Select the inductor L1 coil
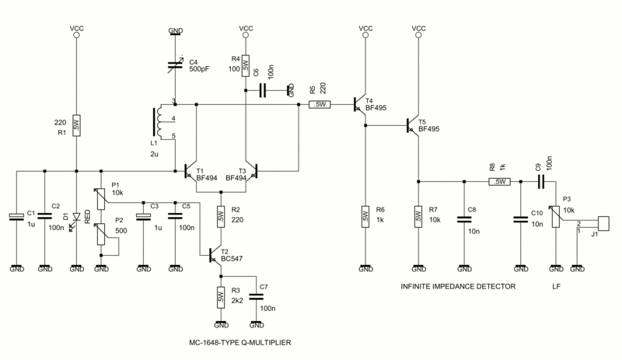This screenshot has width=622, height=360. [x=158, y=122]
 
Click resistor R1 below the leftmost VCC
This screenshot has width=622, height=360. [x=76, y=125]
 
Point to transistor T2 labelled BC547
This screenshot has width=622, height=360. [x=215, y=255]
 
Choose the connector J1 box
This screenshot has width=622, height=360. [x=603, y=223]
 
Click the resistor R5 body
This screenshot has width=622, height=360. [x=320, y=104]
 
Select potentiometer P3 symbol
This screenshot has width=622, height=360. [x=556, y=216]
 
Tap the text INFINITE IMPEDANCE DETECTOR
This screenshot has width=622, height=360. [x=458, y=286]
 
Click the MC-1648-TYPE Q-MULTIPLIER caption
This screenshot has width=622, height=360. [x=240, y=343]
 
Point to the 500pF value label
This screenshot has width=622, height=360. [x=199, y=69]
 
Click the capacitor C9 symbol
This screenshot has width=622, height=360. [x=540, y=182]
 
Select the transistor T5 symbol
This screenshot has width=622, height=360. [x=413, y=126]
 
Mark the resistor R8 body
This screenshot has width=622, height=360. [x=499, y=181]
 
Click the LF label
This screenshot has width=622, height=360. [x=556, y=286]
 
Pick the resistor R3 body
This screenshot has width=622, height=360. [x=221, y=297]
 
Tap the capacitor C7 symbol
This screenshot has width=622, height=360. [x=256, y=297]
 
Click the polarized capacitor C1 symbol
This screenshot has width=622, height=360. [x=16, y=217]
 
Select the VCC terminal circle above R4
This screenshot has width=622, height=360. [x=246, y=35]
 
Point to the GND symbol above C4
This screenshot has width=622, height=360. [x=176, y=32]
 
